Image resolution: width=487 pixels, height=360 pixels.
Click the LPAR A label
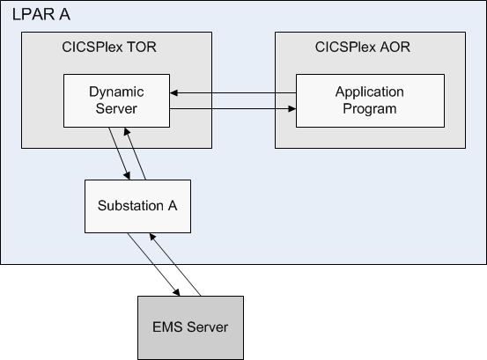tap(41, 15)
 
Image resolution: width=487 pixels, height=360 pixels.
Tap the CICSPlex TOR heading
tap(109, 48)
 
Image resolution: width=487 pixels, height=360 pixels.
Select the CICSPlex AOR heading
tap(363, 48)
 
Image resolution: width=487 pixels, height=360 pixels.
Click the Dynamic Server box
tap(116, 100)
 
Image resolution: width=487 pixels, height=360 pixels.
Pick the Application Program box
tap(370, 100)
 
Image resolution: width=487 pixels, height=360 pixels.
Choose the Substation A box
tap(137, 206)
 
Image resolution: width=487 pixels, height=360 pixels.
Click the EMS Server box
tap(190, 328)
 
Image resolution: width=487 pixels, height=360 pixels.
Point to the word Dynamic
tap(116, 92)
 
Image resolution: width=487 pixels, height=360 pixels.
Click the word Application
tap(370, 92)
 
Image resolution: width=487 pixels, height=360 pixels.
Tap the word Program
tap(370, 109)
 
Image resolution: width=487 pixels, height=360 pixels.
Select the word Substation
tap(130, 206)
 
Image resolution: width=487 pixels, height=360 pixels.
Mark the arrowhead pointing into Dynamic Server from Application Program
tap(174, 92)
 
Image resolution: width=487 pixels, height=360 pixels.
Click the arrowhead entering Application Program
tap(292, 108)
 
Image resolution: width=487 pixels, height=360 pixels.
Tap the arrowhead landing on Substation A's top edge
tap(127, 176)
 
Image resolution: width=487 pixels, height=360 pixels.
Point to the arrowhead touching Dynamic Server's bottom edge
tap(127, 131)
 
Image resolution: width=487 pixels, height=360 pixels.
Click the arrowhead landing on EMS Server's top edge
tap(176, 292)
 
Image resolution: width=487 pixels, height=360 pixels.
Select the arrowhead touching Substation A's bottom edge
tap(152, 237)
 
